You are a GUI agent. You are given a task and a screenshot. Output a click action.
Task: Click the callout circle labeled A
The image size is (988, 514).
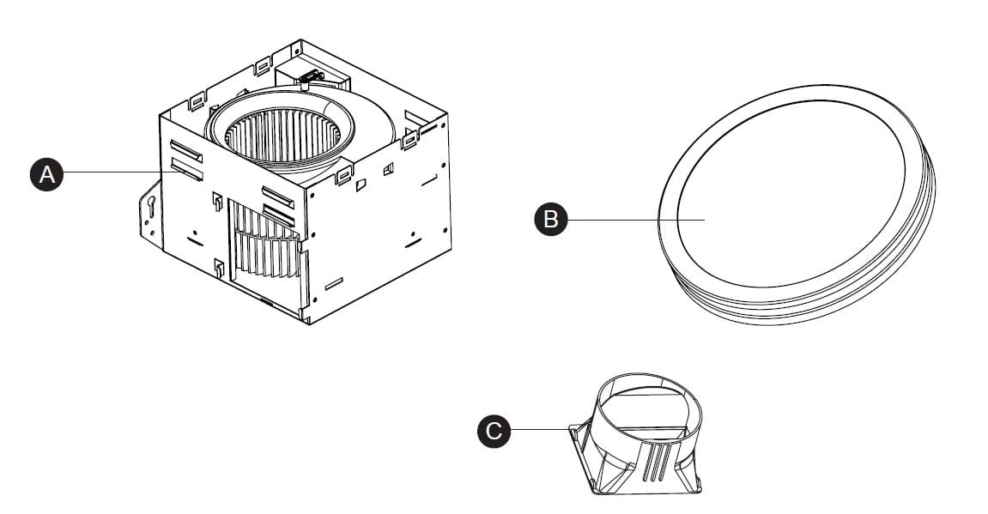pyautogui.click(x=47, y=174)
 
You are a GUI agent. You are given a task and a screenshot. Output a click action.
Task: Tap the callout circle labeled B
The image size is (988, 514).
pyautogui.click(x=551, y=220)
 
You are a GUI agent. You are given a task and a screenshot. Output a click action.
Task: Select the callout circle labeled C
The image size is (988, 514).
pyautogui.click(x=494, y=430)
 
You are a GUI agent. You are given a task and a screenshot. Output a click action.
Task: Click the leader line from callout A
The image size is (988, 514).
pyautogui.click(x=112, y=173)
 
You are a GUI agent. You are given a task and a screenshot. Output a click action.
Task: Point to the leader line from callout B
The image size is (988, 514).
pyautogui.click(x=635, y=220)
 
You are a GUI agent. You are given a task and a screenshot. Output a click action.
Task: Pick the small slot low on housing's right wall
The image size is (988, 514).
pyautogui.click(x=334, y=281)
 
